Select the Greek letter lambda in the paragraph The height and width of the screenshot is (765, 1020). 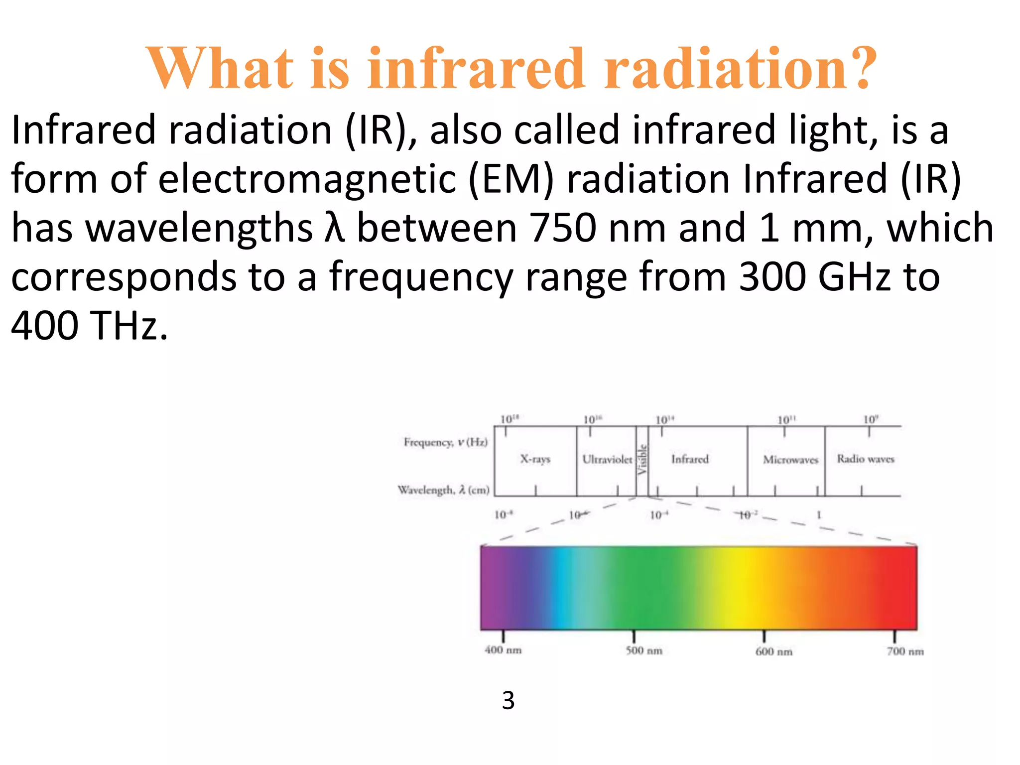pos(334,228)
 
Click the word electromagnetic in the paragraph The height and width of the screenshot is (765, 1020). pos(307,179)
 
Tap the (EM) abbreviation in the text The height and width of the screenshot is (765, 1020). pos(511,179)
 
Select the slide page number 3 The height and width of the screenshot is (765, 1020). pos(508,700)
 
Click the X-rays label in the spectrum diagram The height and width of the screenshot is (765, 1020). pos(535,459)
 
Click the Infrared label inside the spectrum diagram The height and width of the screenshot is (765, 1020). pos(690,459)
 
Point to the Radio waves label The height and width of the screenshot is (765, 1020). pos(866,459)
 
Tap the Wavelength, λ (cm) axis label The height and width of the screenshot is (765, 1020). pos(443,490)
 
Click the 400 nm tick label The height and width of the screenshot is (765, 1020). pos(503,650)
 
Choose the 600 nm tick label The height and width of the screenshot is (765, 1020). pos(773,651)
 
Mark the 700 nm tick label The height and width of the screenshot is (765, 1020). pos(905,651)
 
